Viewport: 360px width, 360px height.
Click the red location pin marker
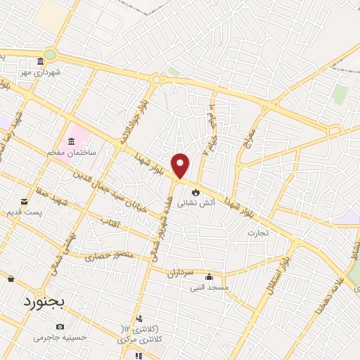181,165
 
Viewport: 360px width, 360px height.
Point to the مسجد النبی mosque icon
208,276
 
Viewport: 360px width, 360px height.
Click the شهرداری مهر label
41,72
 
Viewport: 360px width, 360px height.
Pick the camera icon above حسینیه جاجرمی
60,326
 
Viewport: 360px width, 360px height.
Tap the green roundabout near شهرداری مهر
49,54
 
